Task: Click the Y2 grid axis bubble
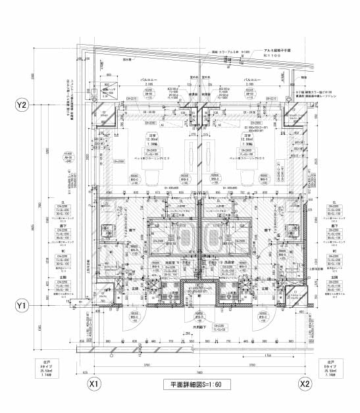tap(22, 105)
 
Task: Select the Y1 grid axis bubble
tap(22, 306)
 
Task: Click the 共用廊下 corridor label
tap(199, 328)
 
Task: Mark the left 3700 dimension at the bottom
tap(147, 366)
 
